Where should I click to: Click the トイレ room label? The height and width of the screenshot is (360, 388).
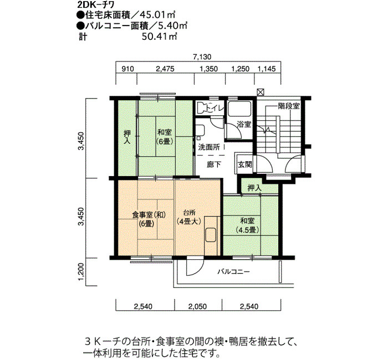tap(215, 109)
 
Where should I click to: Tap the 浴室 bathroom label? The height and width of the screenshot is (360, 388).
tap(244, 125)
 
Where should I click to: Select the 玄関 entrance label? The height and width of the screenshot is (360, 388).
tap(245, 164)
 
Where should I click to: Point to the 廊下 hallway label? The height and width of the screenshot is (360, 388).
tap(214, 164)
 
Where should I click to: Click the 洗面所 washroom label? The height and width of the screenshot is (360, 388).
tap(209, 147)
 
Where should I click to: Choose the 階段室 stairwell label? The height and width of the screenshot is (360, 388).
tap(289, 106)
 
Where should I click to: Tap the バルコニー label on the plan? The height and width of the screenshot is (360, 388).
tap(234, 272)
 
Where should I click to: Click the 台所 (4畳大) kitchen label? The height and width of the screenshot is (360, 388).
tap(189, 217)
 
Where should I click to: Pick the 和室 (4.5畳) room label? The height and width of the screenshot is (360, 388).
tap(247, 225)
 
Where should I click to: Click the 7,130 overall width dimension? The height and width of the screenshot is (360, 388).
tap(202, 56)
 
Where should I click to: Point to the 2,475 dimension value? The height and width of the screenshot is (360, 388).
tap(165, 69)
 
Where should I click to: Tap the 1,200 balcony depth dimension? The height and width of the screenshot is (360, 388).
tap(81, 272)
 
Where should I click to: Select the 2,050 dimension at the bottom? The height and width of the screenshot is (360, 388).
tap(197, 307)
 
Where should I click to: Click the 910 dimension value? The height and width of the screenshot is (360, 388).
tap(127, 69)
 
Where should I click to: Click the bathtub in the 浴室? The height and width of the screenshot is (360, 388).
tap(239, 109)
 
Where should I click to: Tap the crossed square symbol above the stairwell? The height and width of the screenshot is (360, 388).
tap(260, 92)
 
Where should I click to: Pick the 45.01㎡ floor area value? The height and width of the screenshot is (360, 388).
tap(157, 16)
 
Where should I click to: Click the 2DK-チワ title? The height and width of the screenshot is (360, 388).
tap(96, 5)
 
